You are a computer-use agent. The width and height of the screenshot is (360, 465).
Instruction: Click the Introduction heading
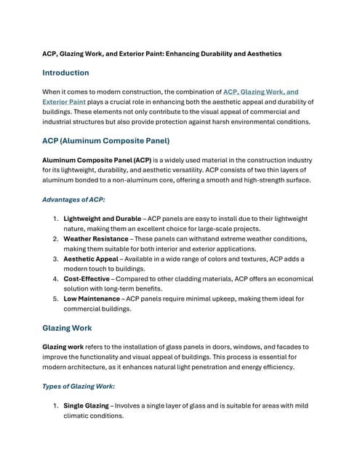tap(65, 73)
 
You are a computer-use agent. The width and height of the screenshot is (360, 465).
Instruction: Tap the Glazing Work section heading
tap(67, 328)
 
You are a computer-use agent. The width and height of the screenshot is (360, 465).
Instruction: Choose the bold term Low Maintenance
tap(93, 299)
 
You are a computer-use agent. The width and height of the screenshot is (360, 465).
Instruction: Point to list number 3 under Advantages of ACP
tap(56, 259)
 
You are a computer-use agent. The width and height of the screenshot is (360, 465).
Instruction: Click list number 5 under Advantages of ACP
tap(56, 299)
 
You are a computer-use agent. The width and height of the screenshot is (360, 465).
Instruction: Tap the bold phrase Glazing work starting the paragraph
tap(65, 347)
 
